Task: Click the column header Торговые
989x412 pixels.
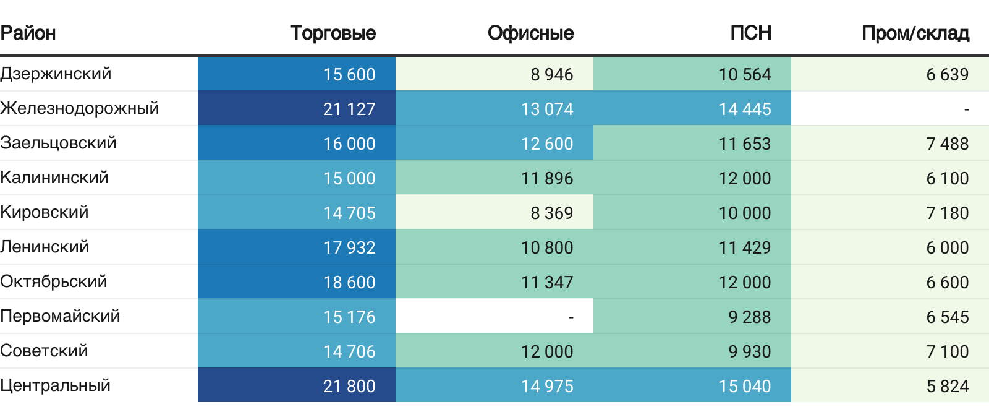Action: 333,33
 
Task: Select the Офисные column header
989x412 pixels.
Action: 530,33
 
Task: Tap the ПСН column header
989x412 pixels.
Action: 750,33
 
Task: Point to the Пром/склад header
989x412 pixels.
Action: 915,33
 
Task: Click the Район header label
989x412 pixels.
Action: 28,33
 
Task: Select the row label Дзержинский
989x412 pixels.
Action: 56,74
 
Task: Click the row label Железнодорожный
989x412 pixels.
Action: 80,108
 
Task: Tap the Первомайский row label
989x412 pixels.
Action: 60,316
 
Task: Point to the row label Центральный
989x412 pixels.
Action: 56,385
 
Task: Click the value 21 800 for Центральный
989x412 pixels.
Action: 349,386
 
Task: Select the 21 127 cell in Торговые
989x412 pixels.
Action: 349,109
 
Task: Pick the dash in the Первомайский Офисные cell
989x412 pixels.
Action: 571,317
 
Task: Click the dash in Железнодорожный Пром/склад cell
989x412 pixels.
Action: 966,109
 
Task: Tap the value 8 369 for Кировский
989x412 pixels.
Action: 551,213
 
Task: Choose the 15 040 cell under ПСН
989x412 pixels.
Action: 745,386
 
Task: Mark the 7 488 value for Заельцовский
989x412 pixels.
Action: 947,144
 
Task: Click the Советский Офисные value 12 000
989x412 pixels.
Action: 547,351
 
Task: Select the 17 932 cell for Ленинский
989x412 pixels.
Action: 349,247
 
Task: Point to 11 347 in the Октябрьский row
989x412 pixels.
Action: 547,282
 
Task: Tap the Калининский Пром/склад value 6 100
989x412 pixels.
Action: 947,178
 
